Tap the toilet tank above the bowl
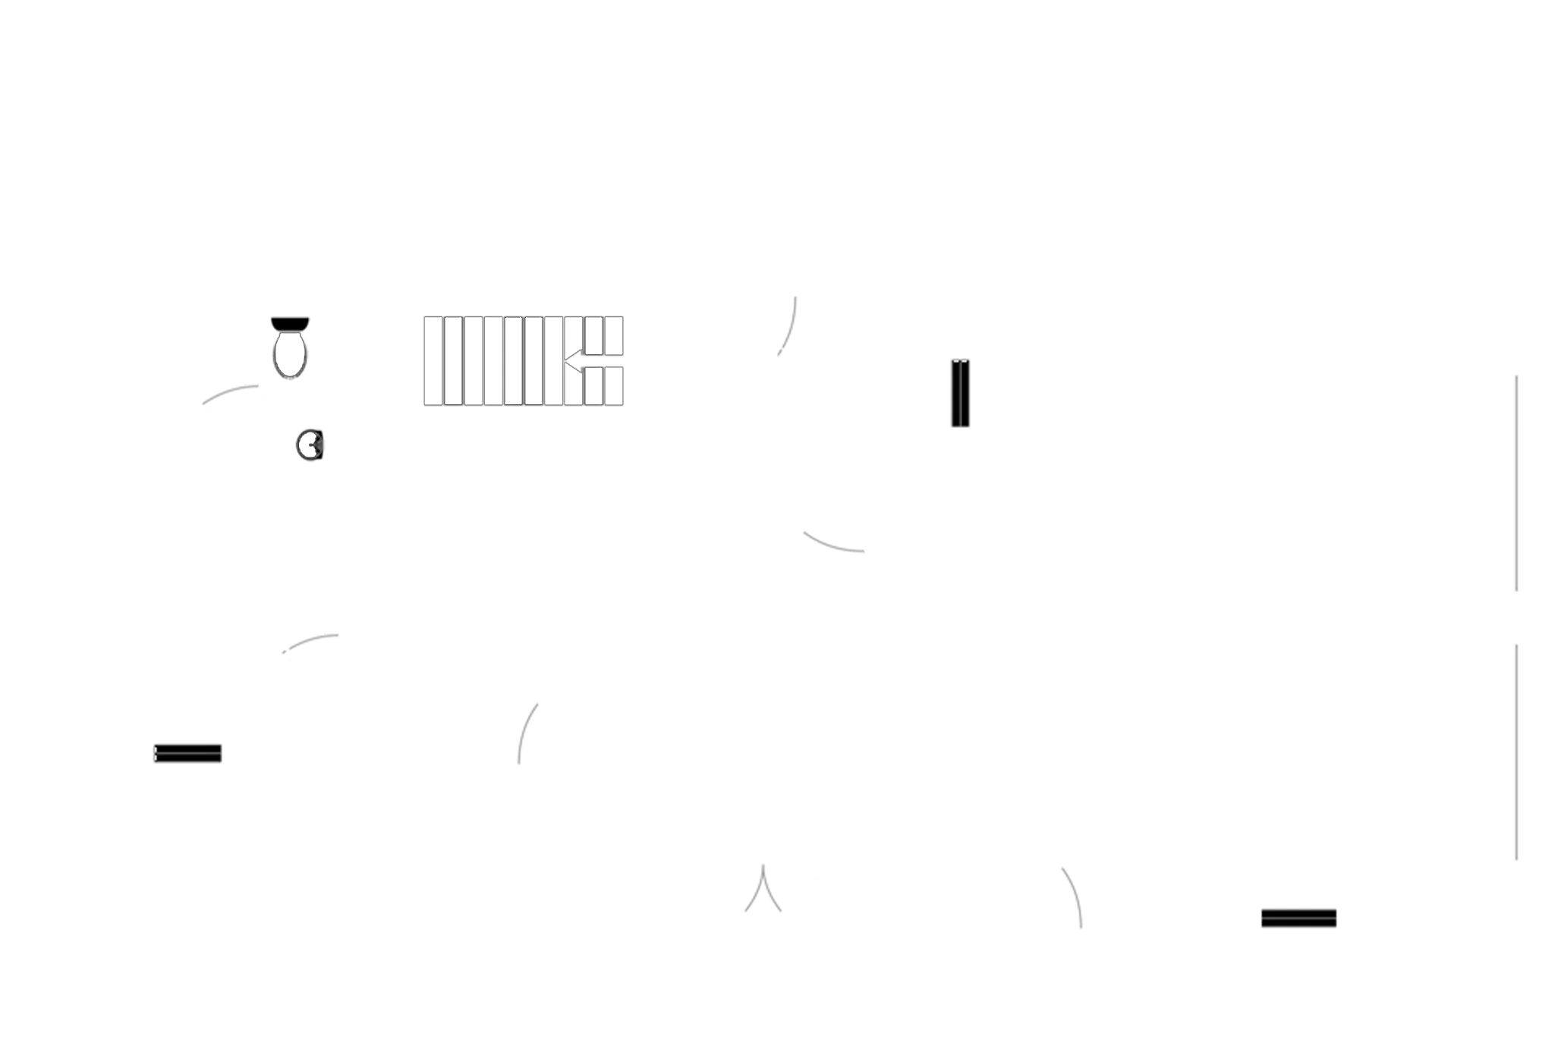click(x=290, y=323)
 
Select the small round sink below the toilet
click(x=309, y=445)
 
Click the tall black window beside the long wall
click(x=959, y=393)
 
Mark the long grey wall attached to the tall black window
click(x=1237, y=397)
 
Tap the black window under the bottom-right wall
click(x=1298, y=918)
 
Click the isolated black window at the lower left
click(x=187, y=752)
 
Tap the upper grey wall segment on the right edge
click(x=1535, y=485)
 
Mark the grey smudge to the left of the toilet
click(x=231, y=395)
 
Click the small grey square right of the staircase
click(x=800, y=335)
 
